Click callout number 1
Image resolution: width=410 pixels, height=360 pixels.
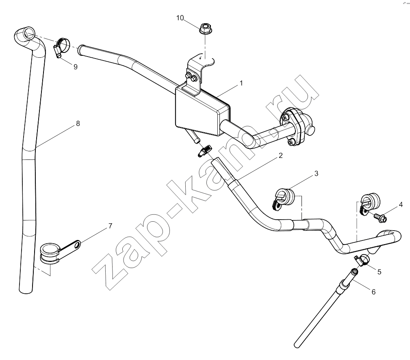coord(241,83)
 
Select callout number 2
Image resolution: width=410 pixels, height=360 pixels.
coord(280,155)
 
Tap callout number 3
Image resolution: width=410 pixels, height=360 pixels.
coord(316,173)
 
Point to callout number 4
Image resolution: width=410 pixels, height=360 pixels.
coord(401,205)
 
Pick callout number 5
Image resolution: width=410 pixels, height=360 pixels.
coord(379,272)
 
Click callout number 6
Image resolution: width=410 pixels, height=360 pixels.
coord(373,292)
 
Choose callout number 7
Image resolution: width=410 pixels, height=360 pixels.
coord(111,226)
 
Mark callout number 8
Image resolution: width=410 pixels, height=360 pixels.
coord(78,123)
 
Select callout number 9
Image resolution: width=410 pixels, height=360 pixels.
coord(76,67)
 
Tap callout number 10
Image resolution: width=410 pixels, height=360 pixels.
coord(180,18)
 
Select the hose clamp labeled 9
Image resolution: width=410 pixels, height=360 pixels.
coord(62,47)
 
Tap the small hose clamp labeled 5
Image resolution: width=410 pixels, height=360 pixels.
coord(362,260)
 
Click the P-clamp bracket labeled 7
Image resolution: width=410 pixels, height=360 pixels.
coord(59,250)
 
